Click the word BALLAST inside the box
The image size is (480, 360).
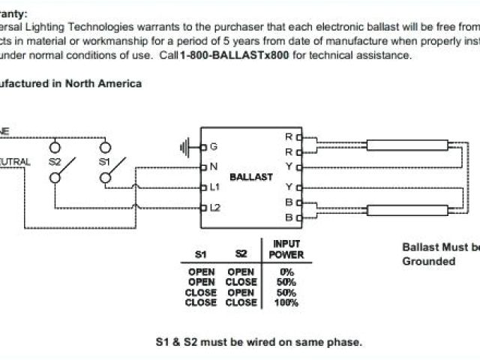(250, 178)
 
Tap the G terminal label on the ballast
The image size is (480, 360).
(214, 145)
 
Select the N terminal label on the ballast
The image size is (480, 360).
(214, 166)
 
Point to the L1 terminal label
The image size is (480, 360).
(214, 186)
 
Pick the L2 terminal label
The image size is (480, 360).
(215, 206)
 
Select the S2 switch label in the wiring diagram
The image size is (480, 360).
(55, 161)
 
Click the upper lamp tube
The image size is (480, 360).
(407, 145)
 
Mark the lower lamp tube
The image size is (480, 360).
(407, 211)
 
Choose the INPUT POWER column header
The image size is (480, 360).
(286, 250)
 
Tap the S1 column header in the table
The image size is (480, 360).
(202, 254)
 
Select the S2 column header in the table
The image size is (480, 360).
(241, 254)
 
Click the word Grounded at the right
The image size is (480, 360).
(428, 261)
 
